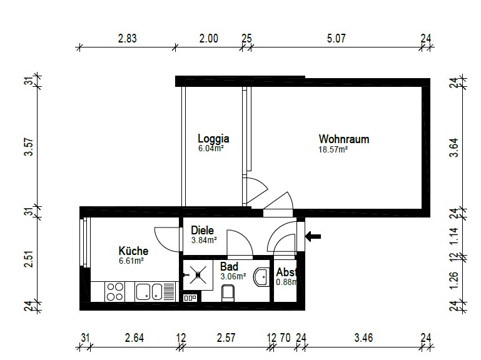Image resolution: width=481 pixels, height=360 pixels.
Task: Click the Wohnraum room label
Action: coord(344,139)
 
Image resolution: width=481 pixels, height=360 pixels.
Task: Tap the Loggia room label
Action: coord(213,138)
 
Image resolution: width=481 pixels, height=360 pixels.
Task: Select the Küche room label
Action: coord(133,251)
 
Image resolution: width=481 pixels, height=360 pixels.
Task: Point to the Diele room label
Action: coord(202,230)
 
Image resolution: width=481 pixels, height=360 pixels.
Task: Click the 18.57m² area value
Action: coord(333,149)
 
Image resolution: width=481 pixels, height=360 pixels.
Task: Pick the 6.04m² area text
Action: coord(211,149)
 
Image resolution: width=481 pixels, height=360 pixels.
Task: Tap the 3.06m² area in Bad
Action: coord(233,277)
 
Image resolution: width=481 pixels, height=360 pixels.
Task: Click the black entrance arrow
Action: coord(313,236)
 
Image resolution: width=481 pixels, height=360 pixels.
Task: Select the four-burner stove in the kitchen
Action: coord(114,292)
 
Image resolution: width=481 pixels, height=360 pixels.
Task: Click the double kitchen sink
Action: coord(149,292)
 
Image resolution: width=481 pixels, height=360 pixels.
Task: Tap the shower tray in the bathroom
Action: coord(198,275)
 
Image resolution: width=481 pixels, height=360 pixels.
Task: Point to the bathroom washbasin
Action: coord(261,277)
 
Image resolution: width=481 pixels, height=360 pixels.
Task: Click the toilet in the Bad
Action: coord(228,293)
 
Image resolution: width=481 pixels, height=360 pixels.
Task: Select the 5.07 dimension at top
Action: coord(337,39)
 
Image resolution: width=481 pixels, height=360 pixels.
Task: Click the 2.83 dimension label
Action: coord(128,39)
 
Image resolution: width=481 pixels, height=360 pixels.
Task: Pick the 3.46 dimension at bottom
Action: coord(363,338)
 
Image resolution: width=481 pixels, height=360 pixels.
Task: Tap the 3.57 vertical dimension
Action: coord(29,147)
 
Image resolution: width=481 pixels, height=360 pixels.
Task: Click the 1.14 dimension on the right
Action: coord(454,236)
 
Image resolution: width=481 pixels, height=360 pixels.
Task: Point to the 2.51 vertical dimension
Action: coord(29,259)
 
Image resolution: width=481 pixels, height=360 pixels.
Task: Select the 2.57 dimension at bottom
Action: coord(226,338)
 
